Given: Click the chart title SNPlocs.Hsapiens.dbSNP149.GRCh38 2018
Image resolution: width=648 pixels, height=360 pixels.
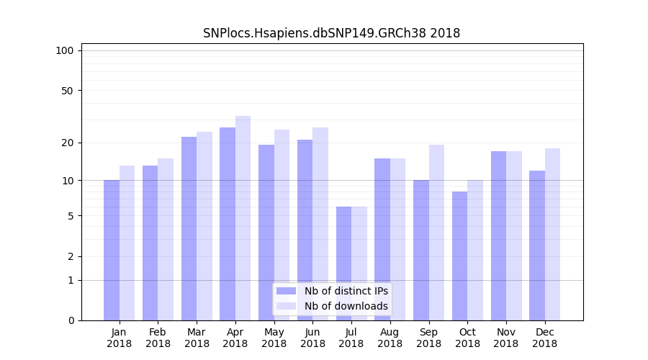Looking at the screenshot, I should pyautogui.click(x=331, y=33).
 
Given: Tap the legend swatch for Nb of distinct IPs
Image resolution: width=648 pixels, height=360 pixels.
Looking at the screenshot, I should pyautogui.click(x=287, y=291).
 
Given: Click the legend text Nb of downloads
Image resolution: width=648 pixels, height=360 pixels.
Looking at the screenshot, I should pyautogui.click(x=346, y=306).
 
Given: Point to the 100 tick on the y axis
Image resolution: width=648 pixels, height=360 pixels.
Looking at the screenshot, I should pyautogui.click(x=65, y=50).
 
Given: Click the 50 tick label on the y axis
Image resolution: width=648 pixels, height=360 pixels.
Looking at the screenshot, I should pyautogui.click(x=67, y=91).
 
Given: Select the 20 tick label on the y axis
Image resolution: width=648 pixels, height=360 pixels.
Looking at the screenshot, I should pyautogui.click(x=67, y=143).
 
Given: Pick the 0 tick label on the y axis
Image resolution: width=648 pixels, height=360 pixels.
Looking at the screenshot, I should pyautogui.click(x=71, y=320).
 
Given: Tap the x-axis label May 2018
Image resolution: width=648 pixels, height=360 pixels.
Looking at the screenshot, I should pyautogui.click(x=274, y=338).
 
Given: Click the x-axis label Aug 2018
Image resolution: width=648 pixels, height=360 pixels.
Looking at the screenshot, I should pyautogui.click(x=390, y=338).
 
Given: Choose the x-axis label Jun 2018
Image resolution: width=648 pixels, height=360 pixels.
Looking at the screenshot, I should pyautogui.click(x=312, y=338).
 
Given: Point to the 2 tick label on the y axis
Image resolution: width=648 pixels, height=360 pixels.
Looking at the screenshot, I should pyautogui.click(x=71, y=256).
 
